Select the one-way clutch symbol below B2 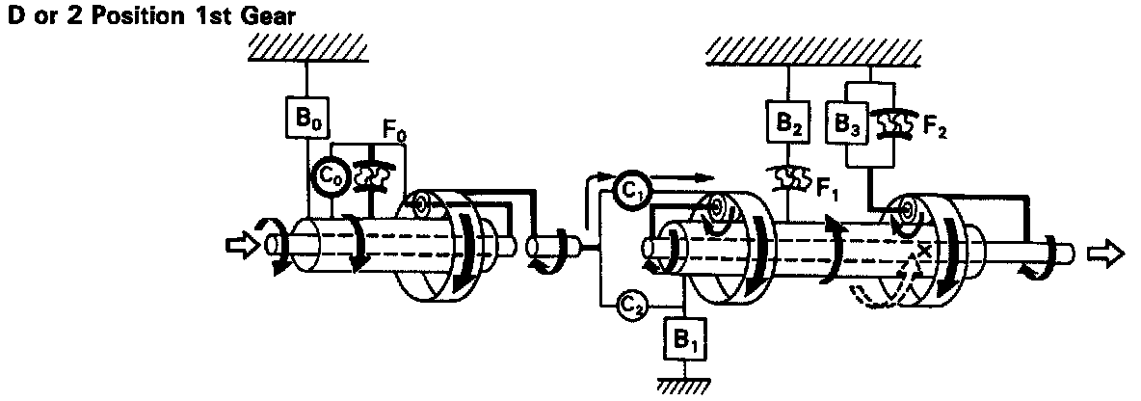point(788,176)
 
